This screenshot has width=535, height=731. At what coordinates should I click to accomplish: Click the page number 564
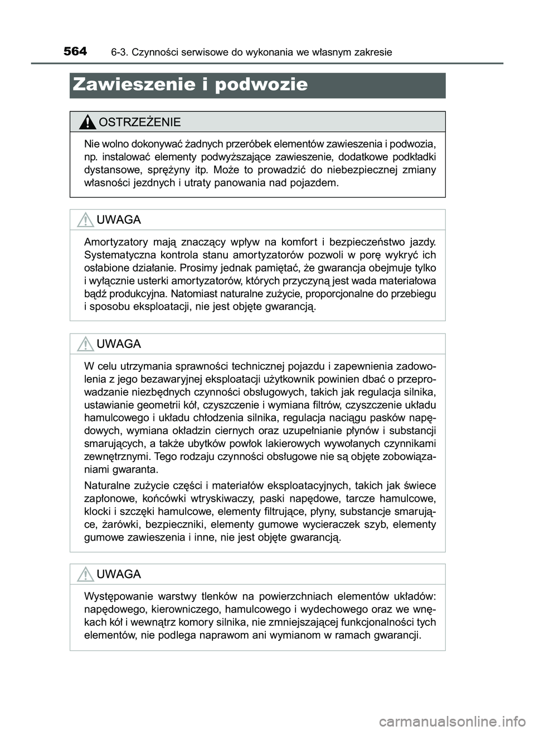pyautogui.click(x=75, y=52)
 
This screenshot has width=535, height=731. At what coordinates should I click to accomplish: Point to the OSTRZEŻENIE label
pyautogui.click(x=139, y=122)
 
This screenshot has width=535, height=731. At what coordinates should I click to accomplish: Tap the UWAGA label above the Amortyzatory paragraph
pyautogui.click(x=119, y=220)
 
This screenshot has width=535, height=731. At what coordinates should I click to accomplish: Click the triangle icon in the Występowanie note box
pyautogui.click(x=85, y=574)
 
